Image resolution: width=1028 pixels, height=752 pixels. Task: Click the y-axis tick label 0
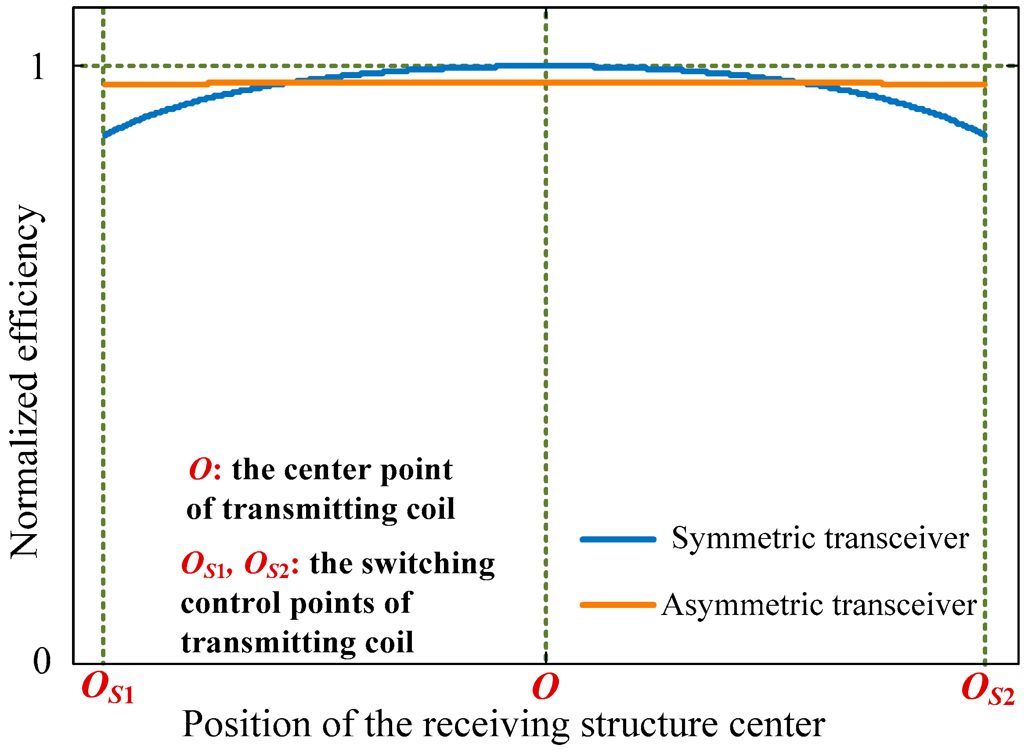point(42,662)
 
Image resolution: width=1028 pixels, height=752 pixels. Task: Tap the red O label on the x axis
point(545,687)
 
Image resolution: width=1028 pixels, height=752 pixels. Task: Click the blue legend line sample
point(617,539)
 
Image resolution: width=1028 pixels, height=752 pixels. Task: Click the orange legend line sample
point(617,605)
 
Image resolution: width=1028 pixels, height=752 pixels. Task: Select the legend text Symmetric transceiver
point(820,539)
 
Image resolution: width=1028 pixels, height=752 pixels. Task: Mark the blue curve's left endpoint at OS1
point(105,135)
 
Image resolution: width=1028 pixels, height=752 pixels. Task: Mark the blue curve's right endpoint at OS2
point(985,135)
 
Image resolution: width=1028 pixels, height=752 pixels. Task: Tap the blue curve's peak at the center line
point(546,65)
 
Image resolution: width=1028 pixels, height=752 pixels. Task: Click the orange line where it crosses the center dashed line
point(546,83)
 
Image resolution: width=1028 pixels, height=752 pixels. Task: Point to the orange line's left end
point(105,84)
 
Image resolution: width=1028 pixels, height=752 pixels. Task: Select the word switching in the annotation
point(428,564)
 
